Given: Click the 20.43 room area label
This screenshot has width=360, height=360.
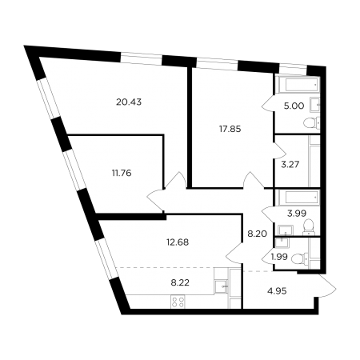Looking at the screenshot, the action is pyautogui.click(x=129, y=102).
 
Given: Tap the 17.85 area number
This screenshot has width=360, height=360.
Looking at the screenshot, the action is pyautogui.click(x=230, y=129).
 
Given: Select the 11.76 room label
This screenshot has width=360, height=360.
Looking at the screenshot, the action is pyautogui.click(x=122, y=173).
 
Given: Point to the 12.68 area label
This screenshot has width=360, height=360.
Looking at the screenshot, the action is pyautogui.click(x=178, y=242).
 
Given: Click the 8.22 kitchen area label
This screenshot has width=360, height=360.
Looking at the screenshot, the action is pyautogui.click(x=180, y=282).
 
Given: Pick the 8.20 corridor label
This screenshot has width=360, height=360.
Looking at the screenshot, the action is pyautogui.click(x=257, y=234).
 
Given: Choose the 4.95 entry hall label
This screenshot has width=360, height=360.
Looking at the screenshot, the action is pyautogui.click(x=277, y=291).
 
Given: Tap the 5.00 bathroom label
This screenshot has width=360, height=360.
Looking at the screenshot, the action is pyautogui.click(x=294, y=106).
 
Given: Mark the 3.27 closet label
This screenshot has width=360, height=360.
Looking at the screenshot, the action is pyautogui.click(x=290, y=164).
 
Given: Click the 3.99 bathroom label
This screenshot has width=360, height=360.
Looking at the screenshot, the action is pyautogui.click(x=297, y=214).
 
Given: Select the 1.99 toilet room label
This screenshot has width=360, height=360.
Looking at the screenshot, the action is pyautogui.click(x=279, y=257).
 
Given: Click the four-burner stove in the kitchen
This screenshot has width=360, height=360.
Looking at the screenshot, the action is pyautogui.click(x=178, y=302).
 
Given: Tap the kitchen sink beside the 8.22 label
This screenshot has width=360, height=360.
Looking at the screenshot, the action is pyautogui.click(x=222, y=286).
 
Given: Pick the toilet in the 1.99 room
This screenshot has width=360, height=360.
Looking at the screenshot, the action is pyautogui.click(x=300, y=258).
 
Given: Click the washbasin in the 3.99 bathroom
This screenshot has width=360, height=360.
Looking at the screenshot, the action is pyautogui.click(x=286, y=230).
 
